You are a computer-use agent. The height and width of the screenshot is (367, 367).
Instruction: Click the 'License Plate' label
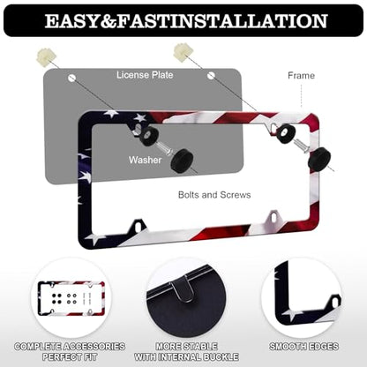(145, 75)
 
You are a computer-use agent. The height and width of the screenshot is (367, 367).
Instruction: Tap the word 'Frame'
(301, 76)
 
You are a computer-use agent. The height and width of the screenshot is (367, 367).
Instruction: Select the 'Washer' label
(145, 160)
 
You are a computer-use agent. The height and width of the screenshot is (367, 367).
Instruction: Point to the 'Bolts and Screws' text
(214, 195)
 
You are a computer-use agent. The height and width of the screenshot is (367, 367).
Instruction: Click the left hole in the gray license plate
(72, 79)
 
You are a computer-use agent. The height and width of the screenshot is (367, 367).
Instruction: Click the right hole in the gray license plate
(211, 76)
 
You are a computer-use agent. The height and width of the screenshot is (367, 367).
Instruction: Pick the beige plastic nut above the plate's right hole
(183, 51)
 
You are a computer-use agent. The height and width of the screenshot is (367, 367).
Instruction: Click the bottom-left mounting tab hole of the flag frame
(138, 227)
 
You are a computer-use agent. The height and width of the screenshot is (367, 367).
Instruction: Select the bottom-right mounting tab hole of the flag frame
(274, 217)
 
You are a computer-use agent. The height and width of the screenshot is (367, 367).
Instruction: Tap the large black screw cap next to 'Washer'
(182, 161)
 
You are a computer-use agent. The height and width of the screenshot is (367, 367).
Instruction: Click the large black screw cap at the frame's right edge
(319, 159)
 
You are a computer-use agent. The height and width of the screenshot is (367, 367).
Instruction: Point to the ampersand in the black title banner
(108, 21)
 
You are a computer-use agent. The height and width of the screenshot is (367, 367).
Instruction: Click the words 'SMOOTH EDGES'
(303, 347)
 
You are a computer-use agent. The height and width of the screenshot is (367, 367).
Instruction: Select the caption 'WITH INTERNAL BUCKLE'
(186, 357)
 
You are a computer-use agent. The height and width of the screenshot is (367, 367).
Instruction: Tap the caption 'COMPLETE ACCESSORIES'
(70, 347)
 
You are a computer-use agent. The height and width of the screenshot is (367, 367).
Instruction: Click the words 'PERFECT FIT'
(70, 357)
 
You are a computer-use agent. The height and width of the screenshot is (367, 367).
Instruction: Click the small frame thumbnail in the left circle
(71, 298)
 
